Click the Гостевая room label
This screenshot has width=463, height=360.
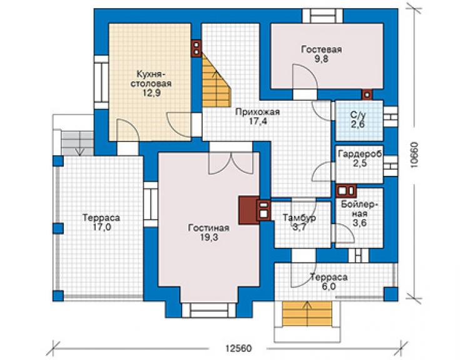321,49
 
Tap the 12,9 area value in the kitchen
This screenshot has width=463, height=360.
151,93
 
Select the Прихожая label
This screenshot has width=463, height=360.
258,112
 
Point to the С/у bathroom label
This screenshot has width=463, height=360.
358,115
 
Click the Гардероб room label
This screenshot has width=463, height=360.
360,153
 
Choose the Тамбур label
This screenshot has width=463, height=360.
300,218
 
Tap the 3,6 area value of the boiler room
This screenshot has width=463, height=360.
360,222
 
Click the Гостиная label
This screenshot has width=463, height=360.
209,228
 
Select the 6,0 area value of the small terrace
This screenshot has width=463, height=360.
328,287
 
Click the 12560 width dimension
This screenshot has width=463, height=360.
238,348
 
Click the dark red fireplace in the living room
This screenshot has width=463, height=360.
249,210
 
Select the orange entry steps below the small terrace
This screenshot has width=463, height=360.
307,313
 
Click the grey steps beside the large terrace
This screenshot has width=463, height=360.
78,143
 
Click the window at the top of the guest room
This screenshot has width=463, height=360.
323,16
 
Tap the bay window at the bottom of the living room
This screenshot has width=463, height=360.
209,310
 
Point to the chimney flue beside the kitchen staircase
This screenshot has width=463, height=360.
196,48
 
